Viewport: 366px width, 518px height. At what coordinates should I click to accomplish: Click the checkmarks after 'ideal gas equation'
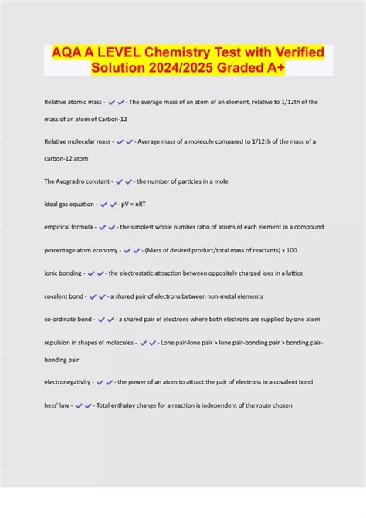pos(108,205)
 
